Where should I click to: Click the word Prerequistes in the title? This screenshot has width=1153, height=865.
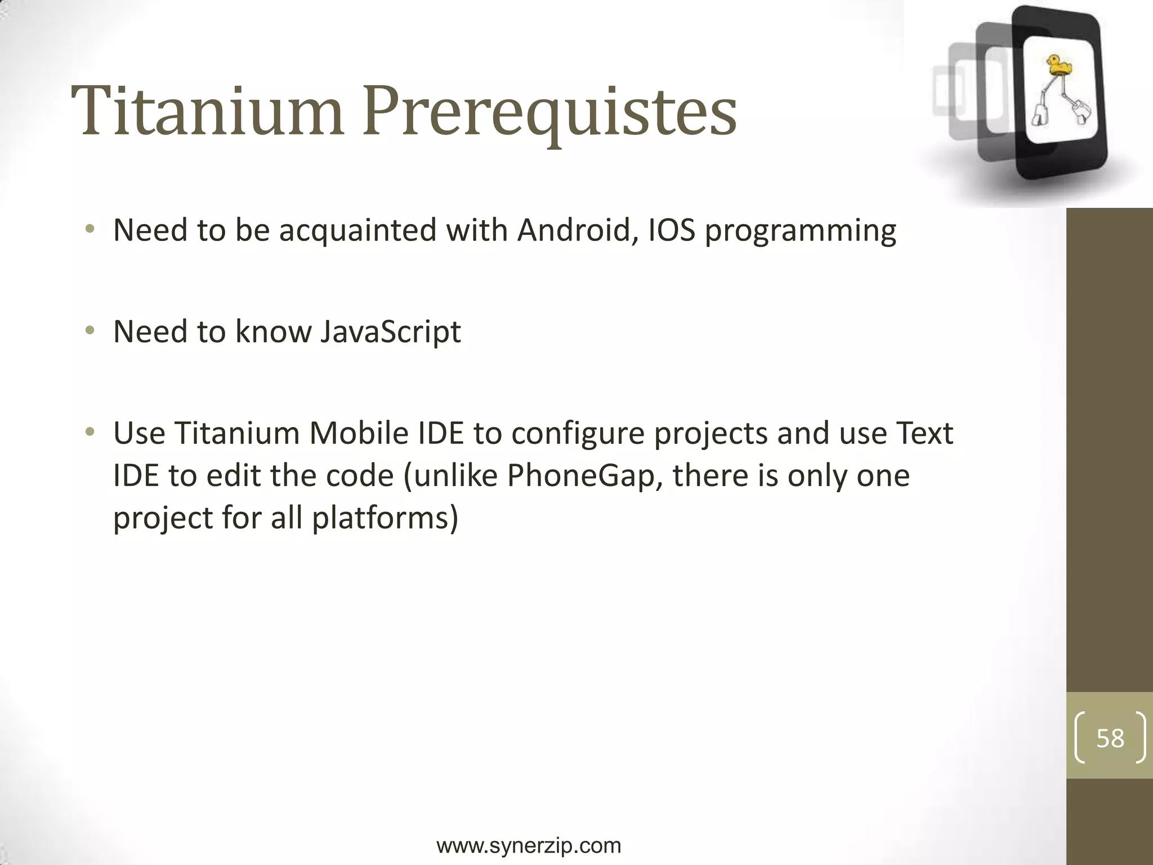point(549,113)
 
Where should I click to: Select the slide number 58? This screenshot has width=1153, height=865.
point(1110,738)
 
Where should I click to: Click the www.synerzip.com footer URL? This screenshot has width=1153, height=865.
point(529,845)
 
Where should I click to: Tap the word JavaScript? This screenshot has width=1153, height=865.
point(390,332)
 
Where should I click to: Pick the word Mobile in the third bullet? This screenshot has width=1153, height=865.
point(358,433)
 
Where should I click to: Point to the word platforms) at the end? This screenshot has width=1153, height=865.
point(385,518)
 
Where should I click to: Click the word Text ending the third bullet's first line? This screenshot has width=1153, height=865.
point(923,433)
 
